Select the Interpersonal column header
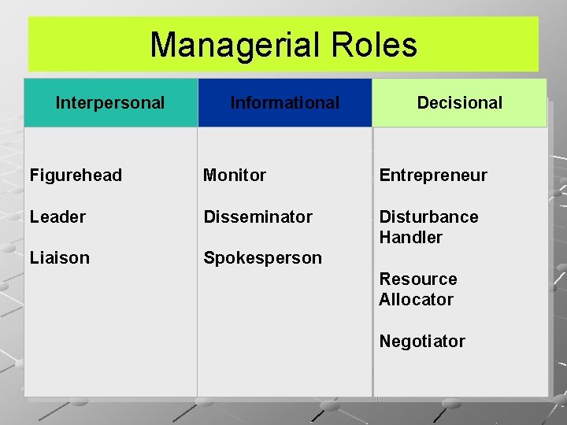[110, 103]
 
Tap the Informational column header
[284, 103]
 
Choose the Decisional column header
[459, 103]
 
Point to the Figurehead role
[76, 176]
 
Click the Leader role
[57, 216]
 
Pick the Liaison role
[60, 258]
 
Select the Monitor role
[235, 176]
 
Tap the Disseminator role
[258, 216]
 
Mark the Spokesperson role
[262, 258]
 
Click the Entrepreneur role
[433, 176]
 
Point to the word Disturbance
[428, 216]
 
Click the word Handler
[410, 237]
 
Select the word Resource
[417, 279]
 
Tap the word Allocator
[416, 299]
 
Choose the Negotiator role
[422, 341]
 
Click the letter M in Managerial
[162, 45]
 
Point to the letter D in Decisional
[422, 103]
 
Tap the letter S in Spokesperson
[209, 258]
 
